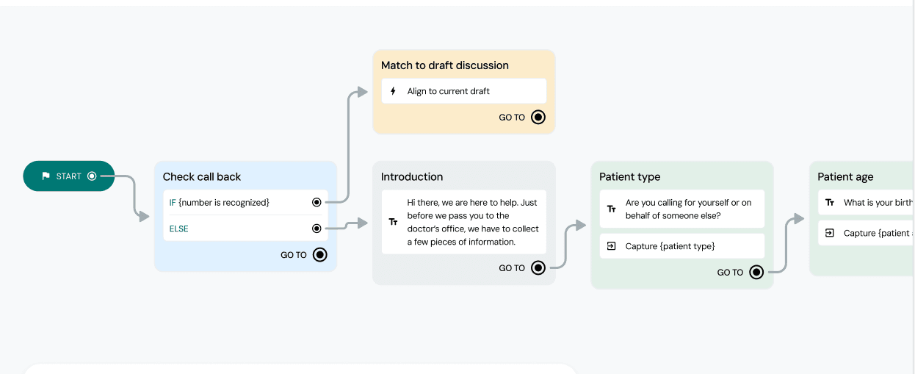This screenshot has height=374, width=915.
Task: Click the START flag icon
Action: (x=46, y=176)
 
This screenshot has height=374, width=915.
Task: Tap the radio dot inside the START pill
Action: (x=92, y=176)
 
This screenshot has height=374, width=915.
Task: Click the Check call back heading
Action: (x=202, y=176)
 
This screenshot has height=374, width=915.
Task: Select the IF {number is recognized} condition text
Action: (x=220, y=202)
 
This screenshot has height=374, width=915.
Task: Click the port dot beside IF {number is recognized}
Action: (x=317, y=202)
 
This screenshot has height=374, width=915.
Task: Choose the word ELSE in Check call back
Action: (x=179, y=229)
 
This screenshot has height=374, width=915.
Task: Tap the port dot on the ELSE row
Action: (x=317, y=229)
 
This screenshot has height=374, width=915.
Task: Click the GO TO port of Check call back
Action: (x=319, y=255)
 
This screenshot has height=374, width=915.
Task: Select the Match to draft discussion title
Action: (x=444, y=65)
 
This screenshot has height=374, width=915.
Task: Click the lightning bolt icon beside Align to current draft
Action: (x=393, y=91)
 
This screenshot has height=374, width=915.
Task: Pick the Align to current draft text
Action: (x=448, y=91)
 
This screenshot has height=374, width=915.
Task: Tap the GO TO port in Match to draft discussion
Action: (x=538, y=118)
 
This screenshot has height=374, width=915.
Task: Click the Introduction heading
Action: (x=412, y=176)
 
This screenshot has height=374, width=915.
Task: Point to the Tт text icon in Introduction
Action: (x=393, y=222)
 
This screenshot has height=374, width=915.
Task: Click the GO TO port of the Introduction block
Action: (x=538, y=268)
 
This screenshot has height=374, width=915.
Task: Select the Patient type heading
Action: (x=629, y=176)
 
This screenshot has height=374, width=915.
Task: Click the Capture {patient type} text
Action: (x=670, y=246)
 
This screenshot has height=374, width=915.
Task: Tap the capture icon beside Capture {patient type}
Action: (x=611, y=246)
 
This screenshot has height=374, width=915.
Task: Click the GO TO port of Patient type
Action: (x=756, y=273)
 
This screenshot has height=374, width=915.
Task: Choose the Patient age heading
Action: (x=845, y=176)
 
